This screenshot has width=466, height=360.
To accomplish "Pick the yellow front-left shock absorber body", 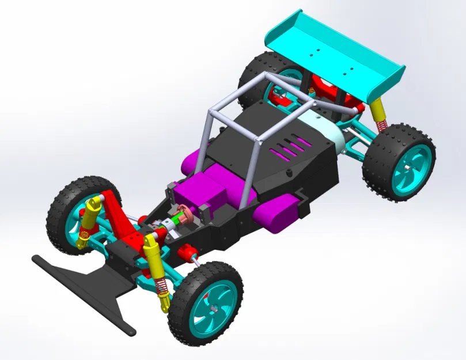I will (90, 216).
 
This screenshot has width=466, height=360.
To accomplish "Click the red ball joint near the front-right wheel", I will (186, 252).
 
